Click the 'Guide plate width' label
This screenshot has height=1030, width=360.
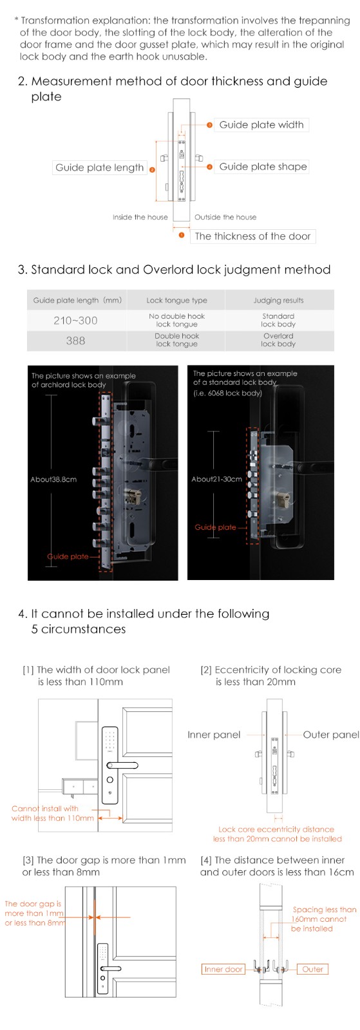[261, 125]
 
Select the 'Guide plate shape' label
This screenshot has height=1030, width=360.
[263, 167]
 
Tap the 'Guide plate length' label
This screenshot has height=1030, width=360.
[100, 167]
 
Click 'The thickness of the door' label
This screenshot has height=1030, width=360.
[252, 236]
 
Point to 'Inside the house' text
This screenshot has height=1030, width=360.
[140, 217]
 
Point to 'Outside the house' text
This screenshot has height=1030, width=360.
[225, 217]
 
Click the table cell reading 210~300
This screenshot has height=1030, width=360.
[75, 321]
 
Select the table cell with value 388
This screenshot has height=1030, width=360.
[75, 341]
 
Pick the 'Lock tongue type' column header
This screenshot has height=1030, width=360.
[176, 300]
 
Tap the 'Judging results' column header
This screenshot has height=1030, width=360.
[279, 300]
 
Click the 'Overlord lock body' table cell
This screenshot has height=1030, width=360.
[279, 340]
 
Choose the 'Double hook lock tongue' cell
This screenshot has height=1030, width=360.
[176, 340]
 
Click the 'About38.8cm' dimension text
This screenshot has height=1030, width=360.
[53, 479]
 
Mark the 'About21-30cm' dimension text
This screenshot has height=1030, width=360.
[216, 479]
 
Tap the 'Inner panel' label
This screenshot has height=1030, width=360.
[214, 735]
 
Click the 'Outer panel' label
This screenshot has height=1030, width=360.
[331, 735]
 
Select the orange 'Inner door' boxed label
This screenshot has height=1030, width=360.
[223, 969]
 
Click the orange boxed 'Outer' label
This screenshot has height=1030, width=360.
[312, 969]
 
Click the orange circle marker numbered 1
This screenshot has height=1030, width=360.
[182, 236]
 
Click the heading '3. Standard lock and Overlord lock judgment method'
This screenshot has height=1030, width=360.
[175, 270]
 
